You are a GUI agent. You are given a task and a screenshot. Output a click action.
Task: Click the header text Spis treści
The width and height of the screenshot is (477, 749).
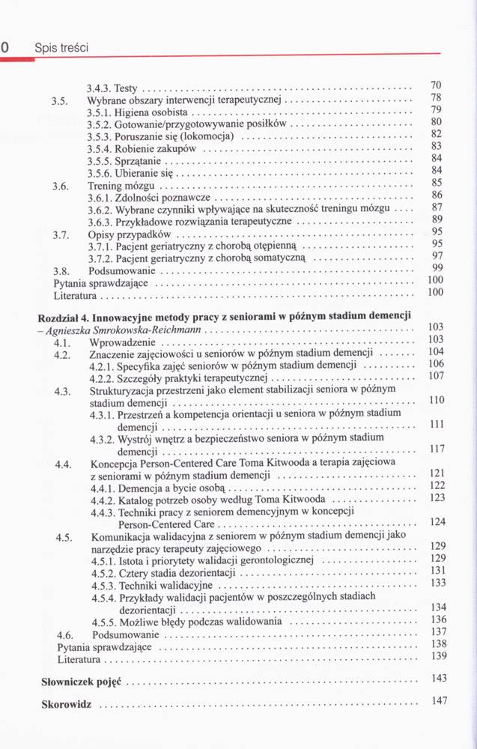[x=61, y=48]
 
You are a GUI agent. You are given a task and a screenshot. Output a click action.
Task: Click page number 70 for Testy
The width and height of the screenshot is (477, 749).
[x=439, y=85]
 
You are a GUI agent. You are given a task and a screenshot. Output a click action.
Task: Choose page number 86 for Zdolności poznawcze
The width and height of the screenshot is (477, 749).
[x=439, y=195]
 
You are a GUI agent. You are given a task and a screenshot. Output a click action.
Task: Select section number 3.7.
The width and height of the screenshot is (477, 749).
[x=61, y=234]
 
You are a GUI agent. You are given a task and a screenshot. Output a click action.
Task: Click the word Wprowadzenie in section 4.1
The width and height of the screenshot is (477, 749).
[x=125, y=341]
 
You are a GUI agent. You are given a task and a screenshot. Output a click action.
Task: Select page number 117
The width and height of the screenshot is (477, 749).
[x=437, y=449]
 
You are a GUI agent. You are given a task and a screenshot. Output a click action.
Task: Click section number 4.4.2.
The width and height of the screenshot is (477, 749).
[x=101, y=500]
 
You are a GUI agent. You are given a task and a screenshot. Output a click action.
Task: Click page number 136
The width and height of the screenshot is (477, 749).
[x=439, y=619]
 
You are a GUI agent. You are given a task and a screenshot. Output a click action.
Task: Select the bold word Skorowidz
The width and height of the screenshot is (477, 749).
[x=67, y=706]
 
